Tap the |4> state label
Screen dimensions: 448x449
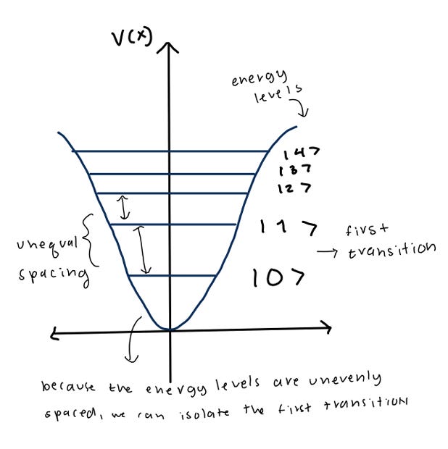[x=301, y=154]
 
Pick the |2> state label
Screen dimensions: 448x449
[x=295, y=188]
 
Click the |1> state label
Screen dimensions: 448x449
[x=288, y=229]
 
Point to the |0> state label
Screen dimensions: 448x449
[x=278, y=277]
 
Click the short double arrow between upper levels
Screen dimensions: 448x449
[x=125, y=208]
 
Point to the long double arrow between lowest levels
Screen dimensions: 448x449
[x=146, y=250]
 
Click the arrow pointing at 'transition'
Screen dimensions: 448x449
[x=331, y=253]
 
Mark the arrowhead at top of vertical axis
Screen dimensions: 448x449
[x=170, y=47]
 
